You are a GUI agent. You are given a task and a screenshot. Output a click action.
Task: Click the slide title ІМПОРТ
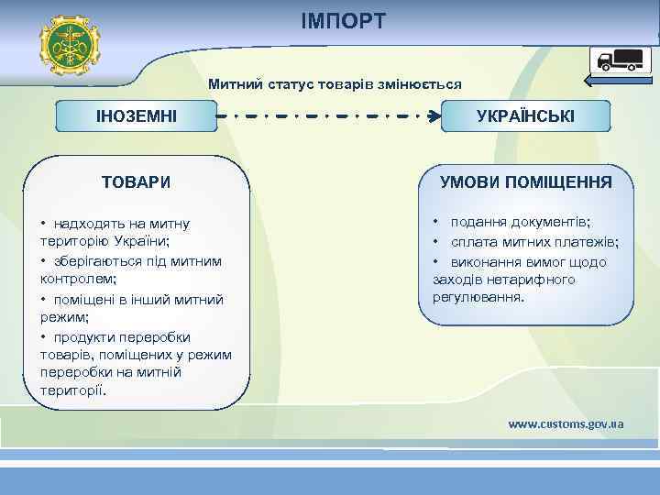[344, 20]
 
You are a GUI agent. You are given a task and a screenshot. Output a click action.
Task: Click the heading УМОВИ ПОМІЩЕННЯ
[525, 181]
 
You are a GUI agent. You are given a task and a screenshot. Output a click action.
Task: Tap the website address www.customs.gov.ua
[566, 423]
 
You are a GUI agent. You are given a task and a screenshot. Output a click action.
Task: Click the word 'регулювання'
[478, 298]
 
